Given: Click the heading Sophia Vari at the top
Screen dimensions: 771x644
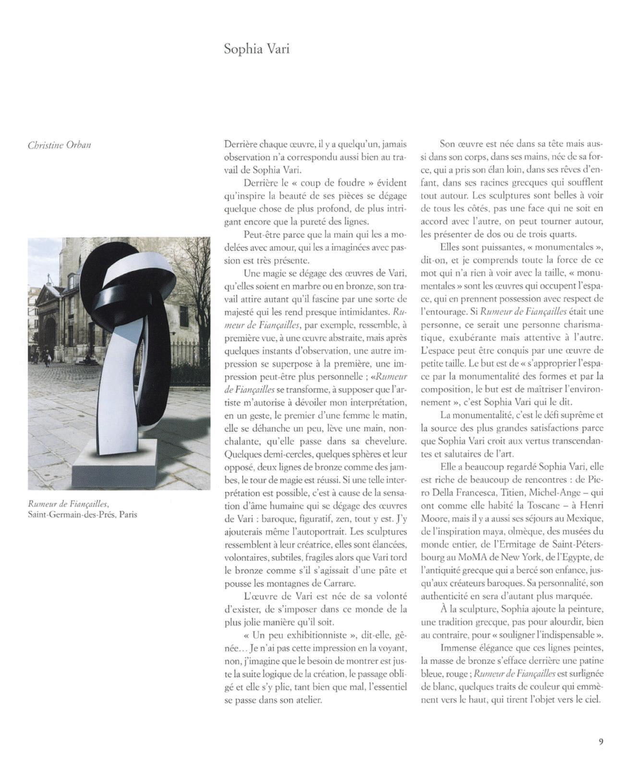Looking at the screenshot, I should coord(256,49).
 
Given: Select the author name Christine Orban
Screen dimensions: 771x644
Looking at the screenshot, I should coord(59,145).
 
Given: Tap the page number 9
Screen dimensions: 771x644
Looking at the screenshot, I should coord(601,742).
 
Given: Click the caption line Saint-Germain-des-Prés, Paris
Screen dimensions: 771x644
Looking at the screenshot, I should coord(83,515).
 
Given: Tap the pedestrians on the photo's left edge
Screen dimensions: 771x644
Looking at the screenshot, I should coord(46,357).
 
